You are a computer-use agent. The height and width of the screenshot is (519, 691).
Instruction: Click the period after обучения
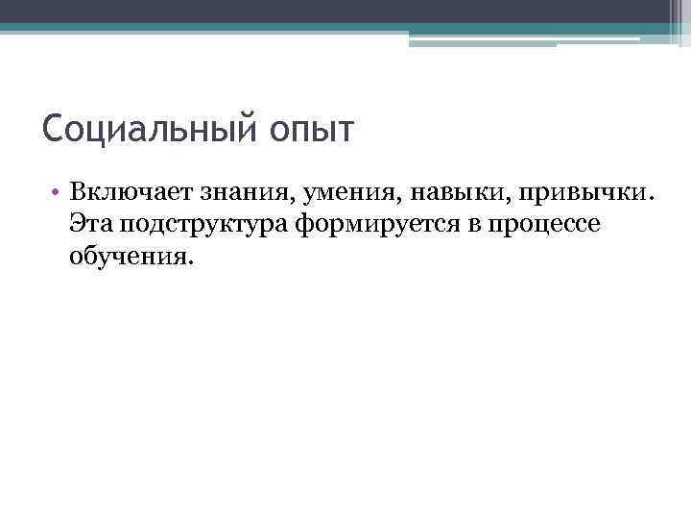click(190, 261)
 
